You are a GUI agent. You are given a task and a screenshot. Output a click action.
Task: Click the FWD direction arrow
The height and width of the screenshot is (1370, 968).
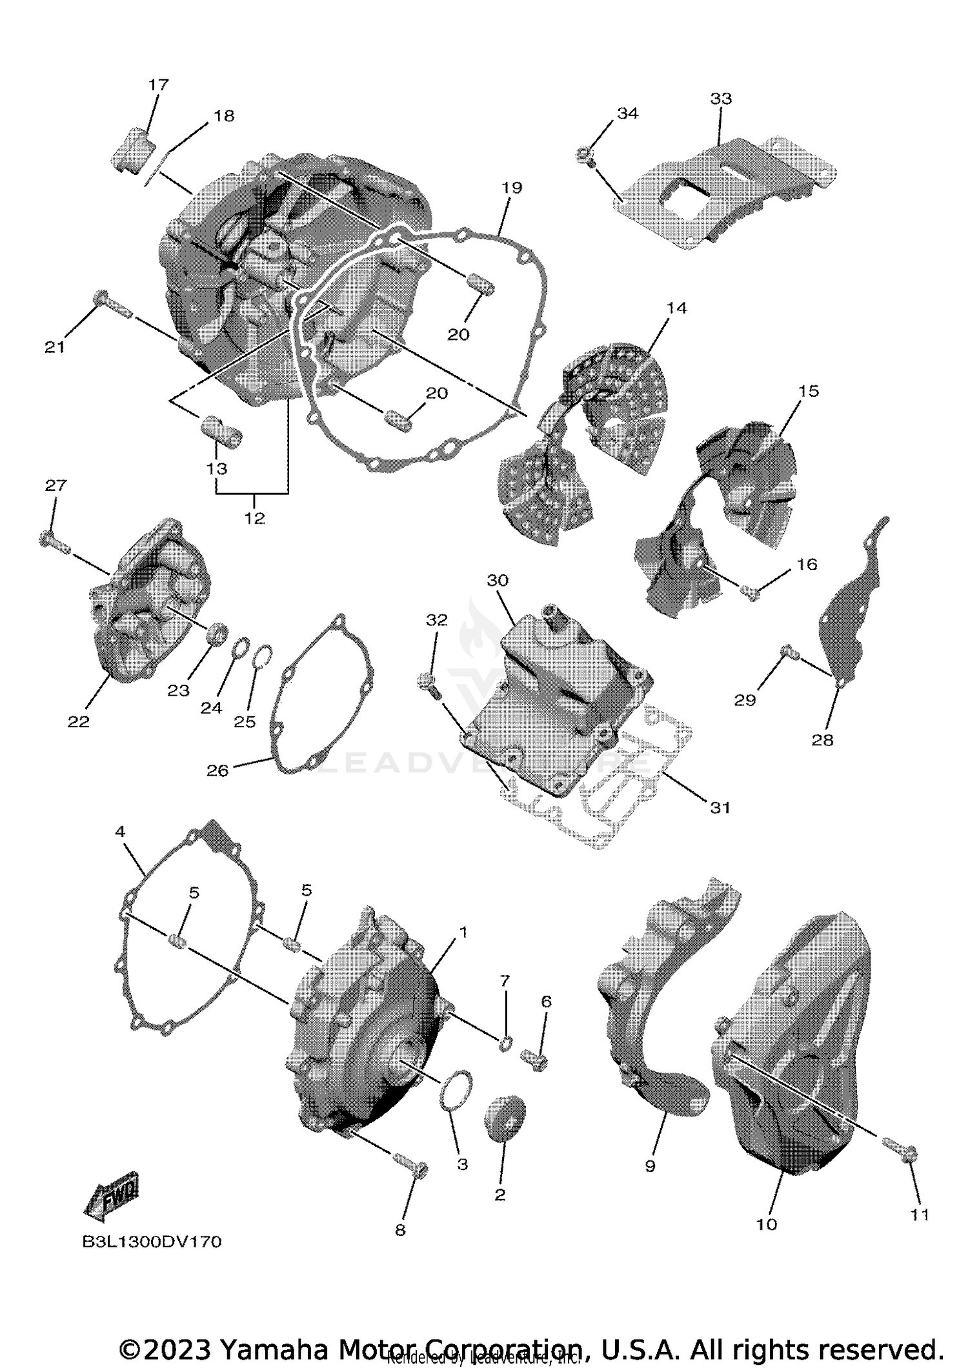[112, 1196]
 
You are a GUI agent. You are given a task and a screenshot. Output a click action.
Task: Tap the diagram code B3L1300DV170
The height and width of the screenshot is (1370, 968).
[152, 1242]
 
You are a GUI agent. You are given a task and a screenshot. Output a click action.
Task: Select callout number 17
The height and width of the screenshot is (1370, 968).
[158, 85]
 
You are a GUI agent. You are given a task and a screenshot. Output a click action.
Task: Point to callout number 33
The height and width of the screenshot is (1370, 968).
[721, 99]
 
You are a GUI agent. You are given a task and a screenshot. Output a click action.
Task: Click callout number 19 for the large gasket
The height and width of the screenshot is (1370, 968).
[511, 188]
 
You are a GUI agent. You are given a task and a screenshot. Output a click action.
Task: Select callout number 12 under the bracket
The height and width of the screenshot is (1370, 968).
[254, 518]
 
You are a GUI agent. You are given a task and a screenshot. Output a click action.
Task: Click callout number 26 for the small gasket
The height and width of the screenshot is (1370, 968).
[217, 771]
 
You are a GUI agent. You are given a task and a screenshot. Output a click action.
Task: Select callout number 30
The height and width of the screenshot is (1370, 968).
[498, 580]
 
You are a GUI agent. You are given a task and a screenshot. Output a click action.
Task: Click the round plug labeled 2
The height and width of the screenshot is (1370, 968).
[505, 1116]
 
